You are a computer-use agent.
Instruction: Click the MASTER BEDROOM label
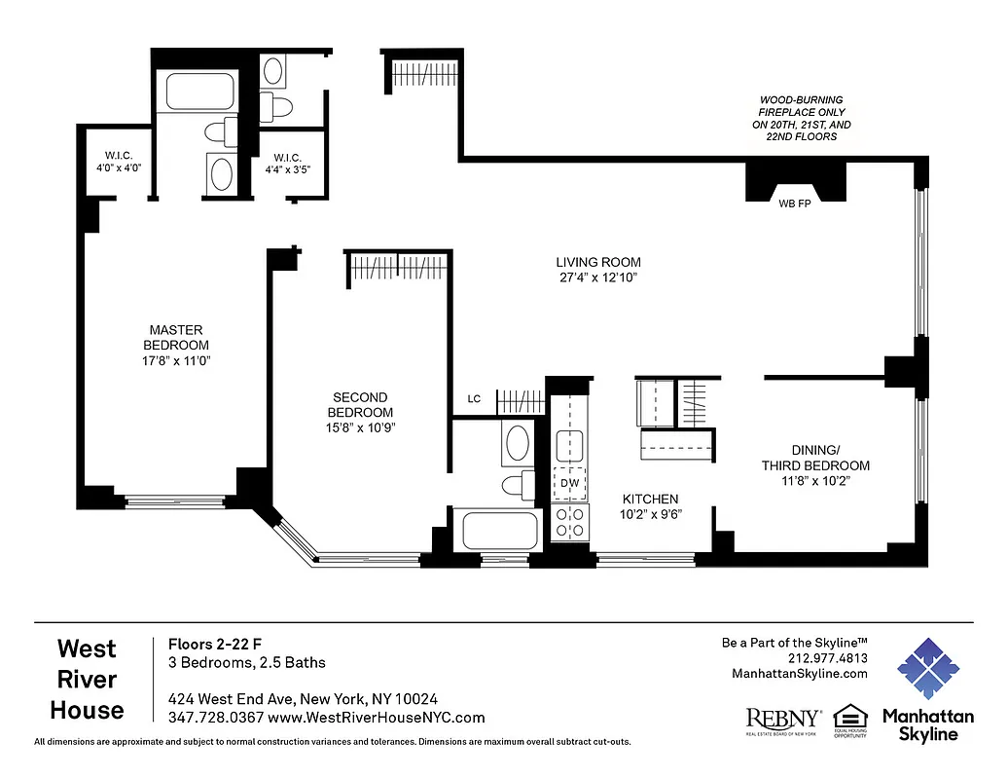point(176,337)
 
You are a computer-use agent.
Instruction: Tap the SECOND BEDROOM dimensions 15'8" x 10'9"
point(360,427)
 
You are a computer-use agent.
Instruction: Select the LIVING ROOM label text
point(598,262)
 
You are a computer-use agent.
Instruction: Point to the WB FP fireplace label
point(795,204)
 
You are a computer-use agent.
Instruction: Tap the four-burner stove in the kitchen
point(568,523)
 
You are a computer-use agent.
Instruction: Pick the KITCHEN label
point(650,499)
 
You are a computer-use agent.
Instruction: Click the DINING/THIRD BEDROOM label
point(815,458)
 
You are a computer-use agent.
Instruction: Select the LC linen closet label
point(474,398)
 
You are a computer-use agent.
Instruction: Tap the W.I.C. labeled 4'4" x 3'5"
point(287,163)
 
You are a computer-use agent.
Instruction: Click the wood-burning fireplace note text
point(802,119)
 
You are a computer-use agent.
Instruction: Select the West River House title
point(87,680)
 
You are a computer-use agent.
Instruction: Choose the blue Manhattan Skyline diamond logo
point(928,669)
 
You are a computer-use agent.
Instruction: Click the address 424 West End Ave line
point(303,699)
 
